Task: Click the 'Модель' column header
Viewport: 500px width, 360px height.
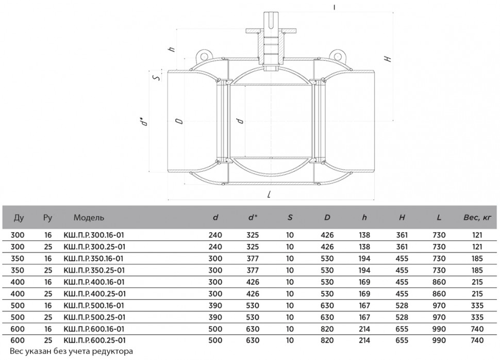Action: coord(89,218)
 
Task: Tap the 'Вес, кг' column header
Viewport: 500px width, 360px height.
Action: coord(477,218)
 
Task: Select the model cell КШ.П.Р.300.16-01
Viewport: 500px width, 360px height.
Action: coord(94,235)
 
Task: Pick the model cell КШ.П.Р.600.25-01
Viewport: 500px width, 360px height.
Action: coord(95,340)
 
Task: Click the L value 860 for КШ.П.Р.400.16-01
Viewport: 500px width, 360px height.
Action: coord(439,282)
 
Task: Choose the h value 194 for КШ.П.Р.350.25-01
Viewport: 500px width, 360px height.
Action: coord(364,270)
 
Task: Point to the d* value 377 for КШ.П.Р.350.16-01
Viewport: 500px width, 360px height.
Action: coord(253,258)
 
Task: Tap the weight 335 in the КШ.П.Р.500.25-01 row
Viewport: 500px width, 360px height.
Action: coord(477,317)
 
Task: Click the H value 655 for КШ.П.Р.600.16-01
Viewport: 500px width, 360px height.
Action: coord(402,329)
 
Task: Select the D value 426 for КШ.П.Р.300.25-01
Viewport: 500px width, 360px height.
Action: coord(327,247)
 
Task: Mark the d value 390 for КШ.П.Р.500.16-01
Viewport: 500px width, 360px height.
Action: coord(215,305)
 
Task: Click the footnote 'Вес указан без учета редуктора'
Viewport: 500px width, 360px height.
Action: coord(72,352)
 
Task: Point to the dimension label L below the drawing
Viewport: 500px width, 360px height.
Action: coord(270,194)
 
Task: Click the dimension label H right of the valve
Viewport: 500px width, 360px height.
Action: coord(387,59)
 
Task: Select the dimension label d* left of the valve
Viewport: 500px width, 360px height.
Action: coord(145,122)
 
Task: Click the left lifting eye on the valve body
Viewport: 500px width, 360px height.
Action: coord(203,56)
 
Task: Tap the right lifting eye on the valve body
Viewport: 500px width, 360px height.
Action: coord(337,56)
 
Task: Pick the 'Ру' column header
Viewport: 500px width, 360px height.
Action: coord(47,218)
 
